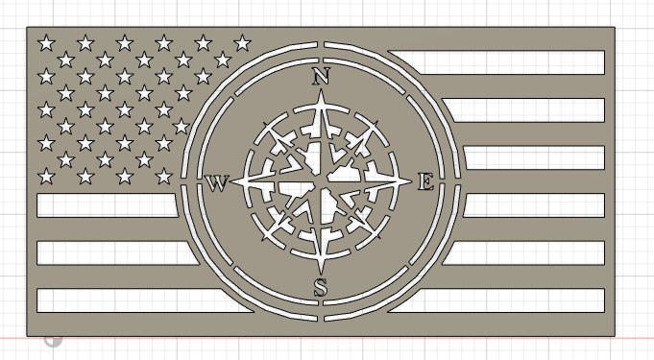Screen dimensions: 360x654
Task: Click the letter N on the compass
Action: coord(321,76)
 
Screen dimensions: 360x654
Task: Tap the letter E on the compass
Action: coord(425,181)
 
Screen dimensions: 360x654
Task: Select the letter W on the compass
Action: coord(217,182)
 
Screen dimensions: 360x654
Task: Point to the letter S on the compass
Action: coord(321,286)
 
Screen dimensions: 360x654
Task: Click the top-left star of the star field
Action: coord(45,42)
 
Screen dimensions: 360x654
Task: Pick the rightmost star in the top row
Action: coord(242,42)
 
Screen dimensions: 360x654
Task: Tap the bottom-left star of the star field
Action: coord(45,176)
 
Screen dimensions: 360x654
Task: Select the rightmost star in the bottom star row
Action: coord(163,176)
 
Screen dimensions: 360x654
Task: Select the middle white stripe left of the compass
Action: coord(110,252)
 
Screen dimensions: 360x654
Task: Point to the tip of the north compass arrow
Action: coord(321,93)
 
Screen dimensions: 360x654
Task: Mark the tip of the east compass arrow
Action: coord(411,181)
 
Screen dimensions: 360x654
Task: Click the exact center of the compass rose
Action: coord(321,181)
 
